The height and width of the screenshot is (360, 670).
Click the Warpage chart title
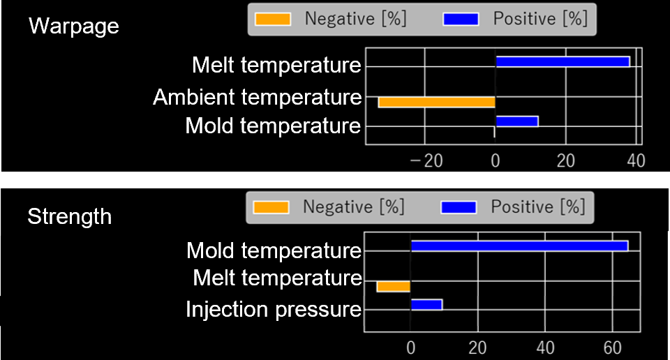click(73, 27)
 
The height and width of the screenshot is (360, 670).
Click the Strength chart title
click(69, 216)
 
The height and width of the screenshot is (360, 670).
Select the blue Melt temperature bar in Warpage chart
click(563, 61)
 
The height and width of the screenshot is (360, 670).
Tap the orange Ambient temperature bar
click(436, 102)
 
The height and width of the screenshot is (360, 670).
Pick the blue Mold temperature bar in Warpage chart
click(516, 121)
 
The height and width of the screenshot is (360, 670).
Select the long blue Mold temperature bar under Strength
click(519, 246)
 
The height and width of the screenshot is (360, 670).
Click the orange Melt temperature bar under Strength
click(393, 286)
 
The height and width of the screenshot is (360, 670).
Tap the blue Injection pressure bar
click(426, 304)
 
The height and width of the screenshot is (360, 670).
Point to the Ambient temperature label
click(257, 97)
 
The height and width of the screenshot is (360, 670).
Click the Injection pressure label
click(273, 309)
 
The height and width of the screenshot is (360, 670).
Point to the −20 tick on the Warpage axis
click(425, 161)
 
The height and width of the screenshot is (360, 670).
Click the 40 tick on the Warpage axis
click(636, 161)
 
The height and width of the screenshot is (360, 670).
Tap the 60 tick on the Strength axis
click(612, 347)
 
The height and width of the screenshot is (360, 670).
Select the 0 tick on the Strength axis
click(410, 347)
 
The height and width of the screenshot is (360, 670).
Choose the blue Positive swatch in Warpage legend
click(461, 19)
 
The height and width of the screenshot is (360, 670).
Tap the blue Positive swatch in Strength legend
click(459, 207)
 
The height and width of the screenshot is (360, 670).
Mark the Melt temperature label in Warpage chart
click(276, 66)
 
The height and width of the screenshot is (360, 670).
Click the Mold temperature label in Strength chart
click(274, 250)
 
